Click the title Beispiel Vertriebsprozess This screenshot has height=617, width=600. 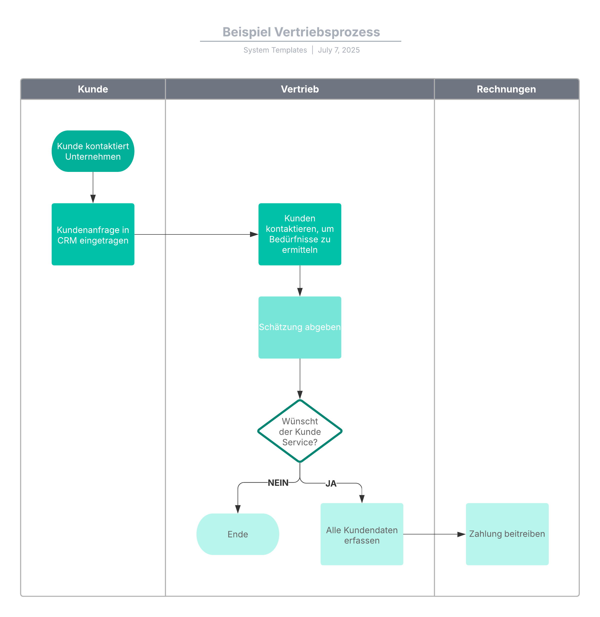point(301,32)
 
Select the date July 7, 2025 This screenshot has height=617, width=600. point(338,50)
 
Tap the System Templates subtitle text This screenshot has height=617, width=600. point(275,50)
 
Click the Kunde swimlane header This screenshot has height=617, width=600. point(93,89)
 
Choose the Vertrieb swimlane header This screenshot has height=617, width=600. point(300,89)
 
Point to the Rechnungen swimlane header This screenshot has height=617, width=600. point(506,89)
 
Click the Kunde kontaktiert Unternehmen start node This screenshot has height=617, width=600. point(93,151)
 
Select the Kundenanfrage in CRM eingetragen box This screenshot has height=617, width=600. point(93,234)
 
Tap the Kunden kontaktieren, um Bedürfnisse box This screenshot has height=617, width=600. point(300,234)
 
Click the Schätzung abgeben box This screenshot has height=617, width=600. point(300,327)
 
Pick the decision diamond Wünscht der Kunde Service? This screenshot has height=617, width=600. point(300,431)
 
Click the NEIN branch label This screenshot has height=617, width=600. point(278,483)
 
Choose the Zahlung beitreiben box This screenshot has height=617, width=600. point(507,534)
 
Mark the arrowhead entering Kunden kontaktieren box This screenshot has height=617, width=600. point(254,234)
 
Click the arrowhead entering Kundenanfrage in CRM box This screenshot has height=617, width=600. point(93,199)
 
